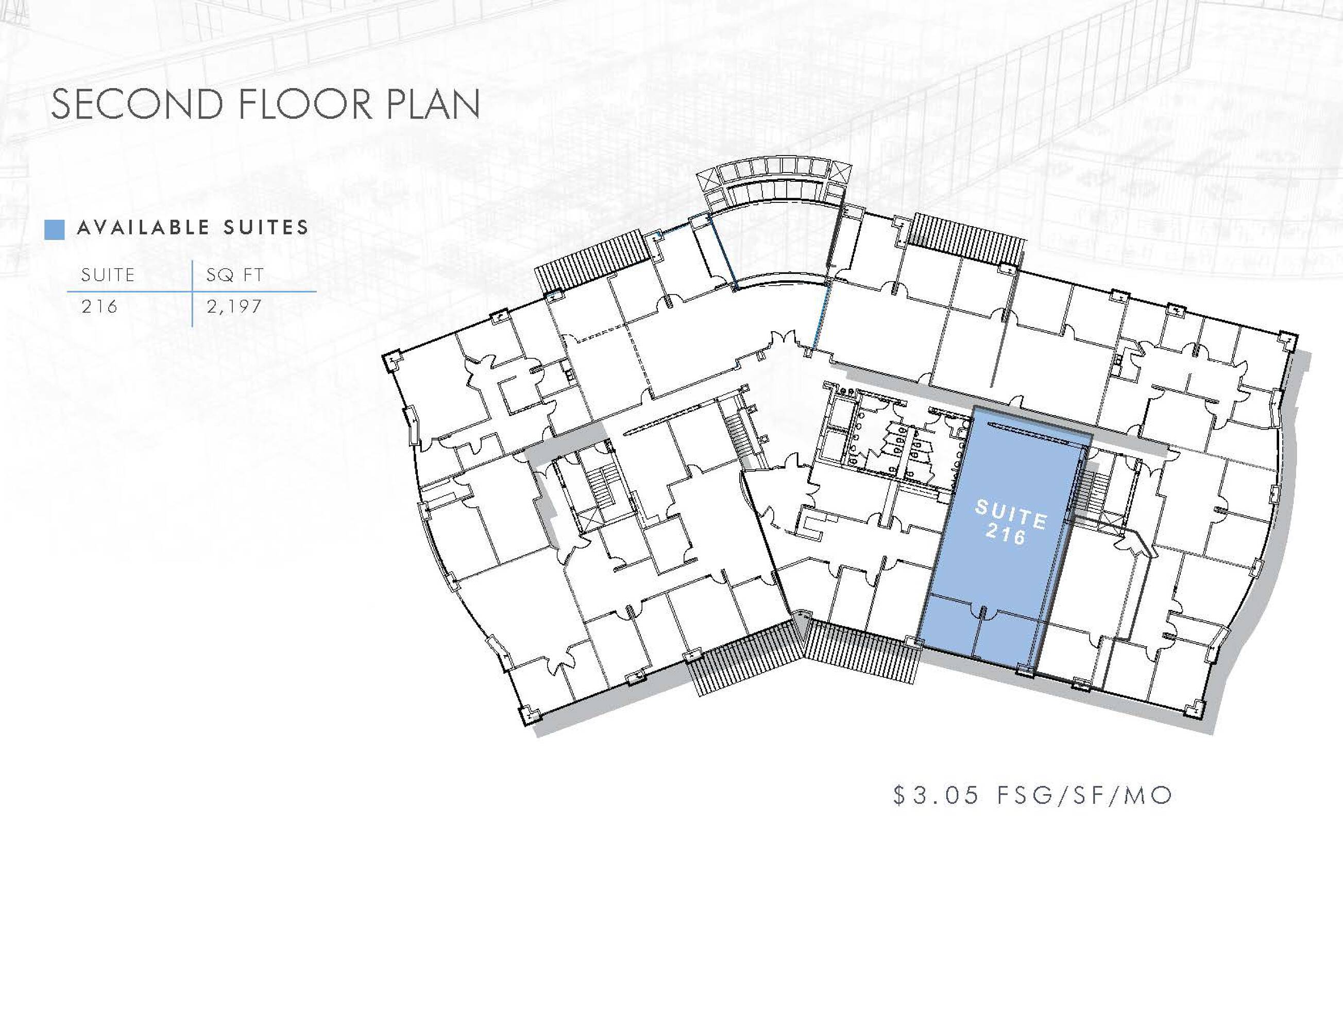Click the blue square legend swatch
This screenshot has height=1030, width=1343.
pyautogui.click(x=55, y=230)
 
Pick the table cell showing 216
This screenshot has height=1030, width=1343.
pyautogui.click(x=99, y=306)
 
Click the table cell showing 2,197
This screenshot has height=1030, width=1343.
pyautogui.click(x=234, y=306)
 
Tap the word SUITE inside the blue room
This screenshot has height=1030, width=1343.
pyautogui.click(x=1011, y=514)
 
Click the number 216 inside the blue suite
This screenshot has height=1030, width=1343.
pyautogui.click(x=1006, y=535)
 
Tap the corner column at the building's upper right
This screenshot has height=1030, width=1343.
pyautogui.click(x=1288, y=341)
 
